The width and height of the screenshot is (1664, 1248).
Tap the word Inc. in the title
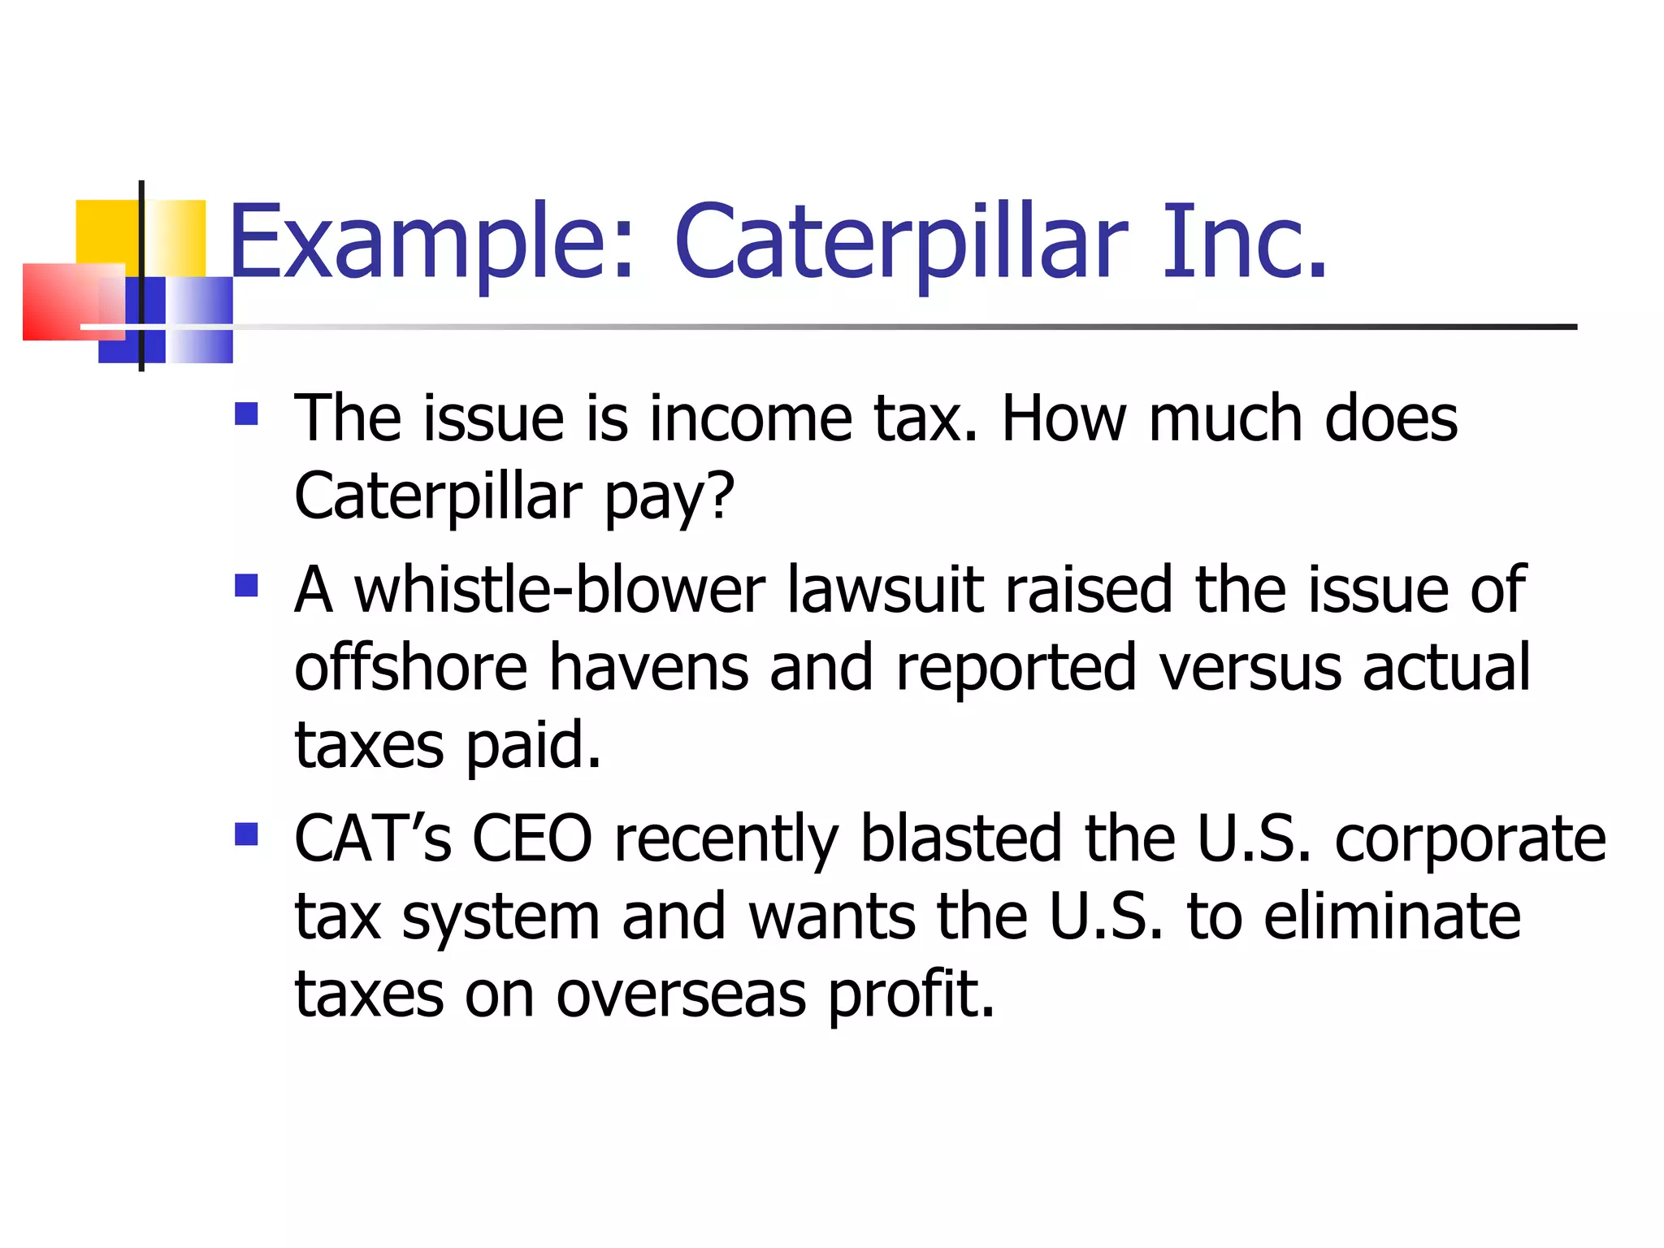pyautogui.click(x=1244, y=242)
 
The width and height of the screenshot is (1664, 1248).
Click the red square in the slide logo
pyautogui.click(x=61, y=301)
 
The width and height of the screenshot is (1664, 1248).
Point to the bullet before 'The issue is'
pyautogui.click(x=245, y=414)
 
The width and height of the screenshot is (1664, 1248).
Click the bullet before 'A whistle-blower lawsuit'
pyautogui.click(x=245, y=585)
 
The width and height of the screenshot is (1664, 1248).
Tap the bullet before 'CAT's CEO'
pyautogui.click(x=245, y=834)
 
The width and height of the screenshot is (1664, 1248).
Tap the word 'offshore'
pyautogui.click(x=411, y=667)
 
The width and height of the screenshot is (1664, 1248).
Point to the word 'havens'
pyautogui.click(x=648, y=667)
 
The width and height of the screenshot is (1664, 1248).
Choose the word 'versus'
pyautogui.click(x=1250, y=667)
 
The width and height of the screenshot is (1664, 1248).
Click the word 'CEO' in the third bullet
pyautogui.click(x=532, y=838)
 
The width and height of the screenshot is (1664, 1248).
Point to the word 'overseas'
pyautogui.click(x=681, y=994)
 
